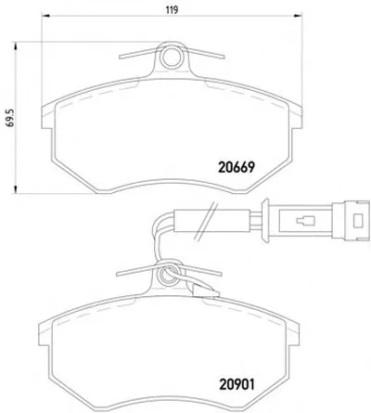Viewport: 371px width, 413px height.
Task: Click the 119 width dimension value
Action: (x=172, y=10)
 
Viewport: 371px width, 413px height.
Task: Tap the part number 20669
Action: (x=237, y=167)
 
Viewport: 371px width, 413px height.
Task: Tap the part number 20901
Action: (x=237, y=384)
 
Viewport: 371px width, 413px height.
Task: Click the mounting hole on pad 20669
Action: (x=171, y=58)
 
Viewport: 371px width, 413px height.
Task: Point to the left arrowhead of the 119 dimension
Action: (x=45, y=15)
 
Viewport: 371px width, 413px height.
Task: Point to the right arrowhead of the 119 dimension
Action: (x=298, y=15)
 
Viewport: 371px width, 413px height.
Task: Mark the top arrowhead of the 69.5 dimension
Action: (x=15, y=46)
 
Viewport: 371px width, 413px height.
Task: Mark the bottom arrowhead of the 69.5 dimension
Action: (x=15, y=189)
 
